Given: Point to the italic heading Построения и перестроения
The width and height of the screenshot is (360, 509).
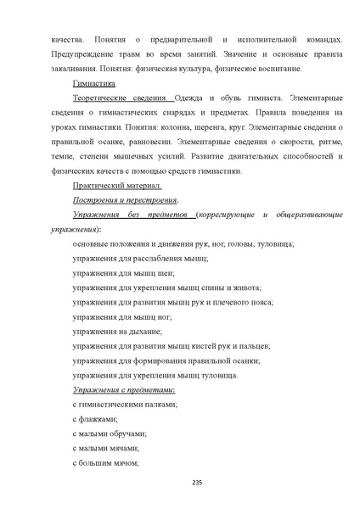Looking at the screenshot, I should coord(125,200).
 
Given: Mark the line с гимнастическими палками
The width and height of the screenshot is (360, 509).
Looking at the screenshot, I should coord(125,404).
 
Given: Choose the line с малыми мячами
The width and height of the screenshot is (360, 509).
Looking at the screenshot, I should coord(105,448).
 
